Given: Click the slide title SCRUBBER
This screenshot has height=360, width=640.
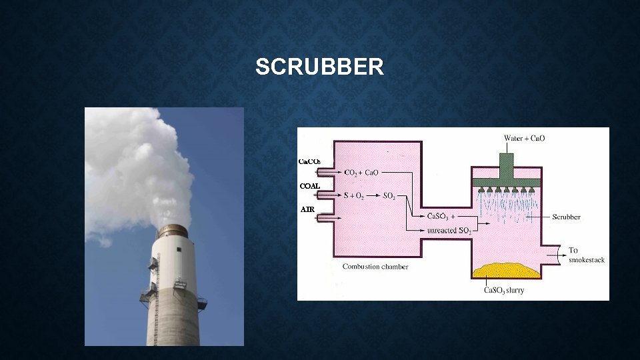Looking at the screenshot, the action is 319,67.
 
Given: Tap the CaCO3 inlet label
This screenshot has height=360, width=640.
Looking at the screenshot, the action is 309,162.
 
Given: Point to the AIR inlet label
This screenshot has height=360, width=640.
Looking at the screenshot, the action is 307,209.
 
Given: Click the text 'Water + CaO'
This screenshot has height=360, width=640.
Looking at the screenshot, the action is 524,138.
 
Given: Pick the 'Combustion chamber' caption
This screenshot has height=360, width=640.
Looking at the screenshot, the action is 375,266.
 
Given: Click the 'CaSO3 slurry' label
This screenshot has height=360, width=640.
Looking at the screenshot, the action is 504,290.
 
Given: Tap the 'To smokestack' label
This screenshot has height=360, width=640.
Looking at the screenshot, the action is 586,255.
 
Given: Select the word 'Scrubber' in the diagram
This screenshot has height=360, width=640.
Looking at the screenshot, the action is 566,217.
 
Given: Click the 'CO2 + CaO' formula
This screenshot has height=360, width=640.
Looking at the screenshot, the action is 361,172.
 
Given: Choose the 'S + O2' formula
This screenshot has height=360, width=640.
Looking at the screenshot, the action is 353,195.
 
